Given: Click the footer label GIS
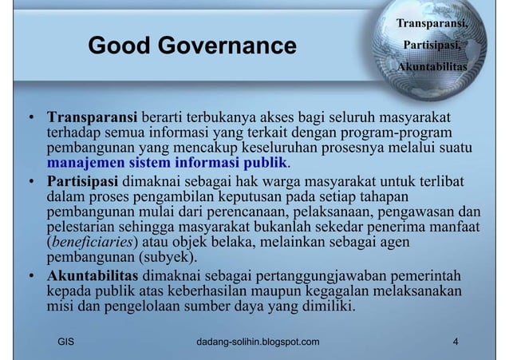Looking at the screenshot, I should pyautogui.click(x=67, y=343).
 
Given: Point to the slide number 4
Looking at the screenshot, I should pyautogui.click(x=455, y=343).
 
